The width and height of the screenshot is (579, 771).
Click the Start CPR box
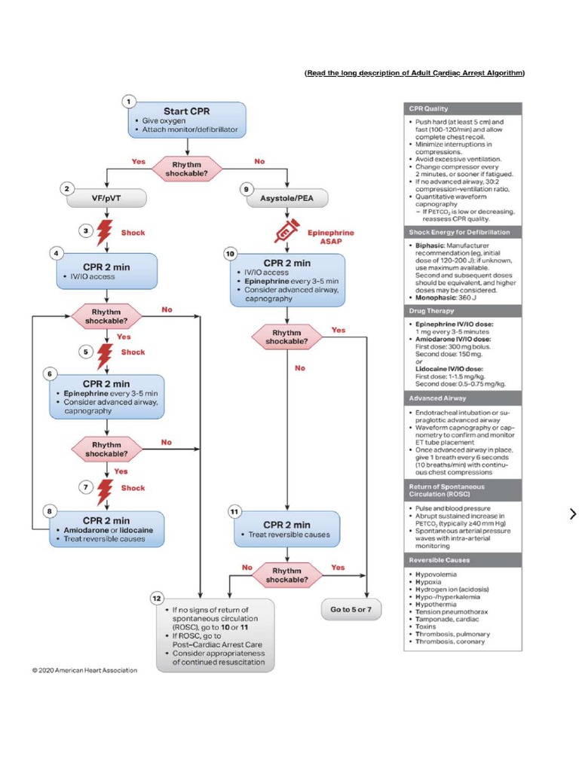pyautogui.click(x=186, y=120)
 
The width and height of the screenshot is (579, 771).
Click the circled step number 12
pyautogui.click(x=157, y=598)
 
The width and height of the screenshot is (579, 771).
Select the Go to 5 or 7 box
pyautogui.click(x=351, y=609)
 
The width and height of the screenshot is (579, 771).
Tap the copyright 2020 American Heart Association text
pyautogui.click(x=84, y=670)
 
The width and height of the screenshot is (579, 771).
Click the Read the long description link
pyautogui.click(x=415, y=73)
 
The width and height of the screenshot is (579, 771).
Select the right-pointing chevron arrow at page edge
pyautogui.click(x=573, y=514)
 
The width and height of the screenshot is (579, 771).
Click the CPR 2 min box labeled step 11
pyautogui.click(x=286, y=529)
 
